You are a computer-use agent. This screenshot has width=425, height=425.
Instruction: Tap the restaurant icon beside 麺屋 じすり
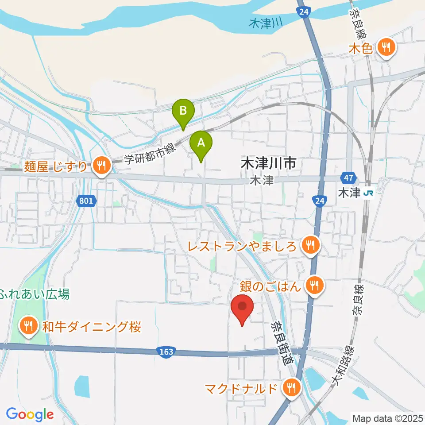(x=102, y=166)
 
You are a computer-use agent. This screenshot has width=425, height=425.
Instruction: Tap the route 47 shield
(x=348, y=178)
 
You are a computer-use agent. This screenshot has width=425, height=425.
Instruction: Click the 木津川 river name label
(x=266, y=23)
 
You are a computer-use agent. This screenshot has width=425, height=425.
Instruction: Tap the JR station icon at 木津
(x=367, y=193)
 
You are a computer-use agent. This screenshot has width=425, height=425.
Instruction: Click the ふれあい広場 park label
(x=35, y=294)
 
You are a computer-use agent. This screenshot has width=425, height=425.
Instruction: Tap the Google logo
(x=30, y=414)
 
